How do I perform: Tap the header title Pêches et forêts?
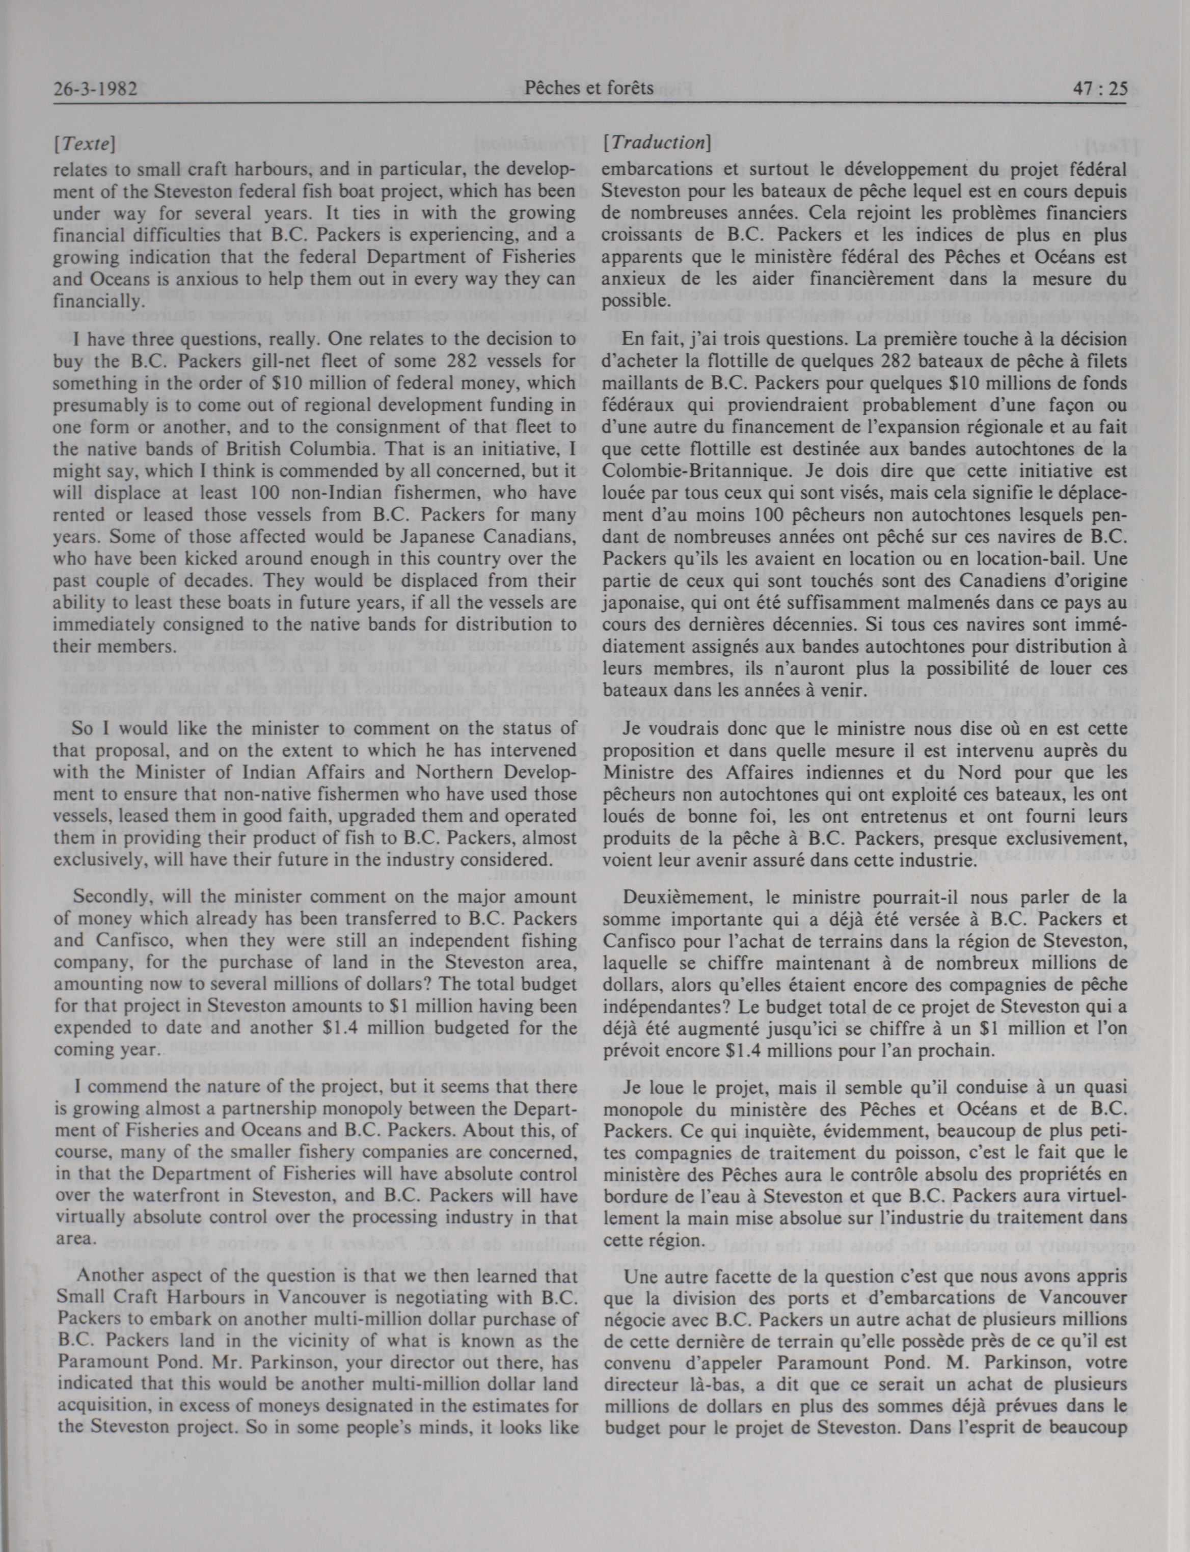tap(589, 88)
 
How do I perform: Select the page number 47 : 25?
tap(1099, 89)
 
